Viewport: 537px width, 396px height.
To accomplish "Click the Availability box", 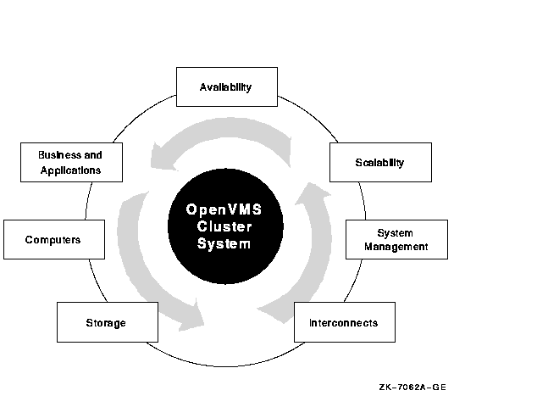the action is [227, 86].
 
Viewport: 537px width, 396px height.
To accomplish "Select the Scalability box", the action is [380, 162].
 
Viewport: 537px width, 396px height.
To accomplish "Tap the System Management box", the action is [396, 239].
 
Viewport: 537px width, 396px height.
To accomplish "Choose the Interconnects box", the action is [345, 322].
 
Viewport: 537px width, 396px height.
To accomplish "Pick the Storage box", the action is [108, 322].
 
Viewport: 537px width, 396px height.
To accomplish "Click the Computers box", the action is [54, 239].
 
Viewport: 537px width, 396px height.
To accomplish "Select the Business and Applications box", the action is [72, 162].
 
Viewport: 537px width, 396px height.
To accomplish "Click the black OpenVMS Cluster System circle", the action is [225, 226].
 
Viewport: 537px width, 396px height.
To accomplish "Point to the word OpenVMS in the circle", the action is [224, 209].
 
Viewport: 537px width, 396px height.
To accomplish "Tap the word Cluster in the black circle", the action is [224, 226].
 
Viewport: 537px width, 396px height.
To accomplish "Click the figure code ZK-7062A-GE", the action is [412, 387].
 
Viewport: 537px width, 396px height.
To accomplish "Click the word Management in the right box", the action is [396, 247].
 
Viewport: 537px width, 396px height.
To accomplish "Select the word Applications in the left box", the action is [70, 170].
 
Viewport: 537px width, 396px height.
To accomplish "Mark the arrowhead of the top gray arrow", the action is [163, 158].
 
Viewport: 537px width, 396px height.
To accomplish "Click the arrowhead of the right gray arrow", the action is [313, 193].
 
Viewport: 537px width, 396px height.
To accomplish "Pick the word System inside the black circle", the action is [224, 243].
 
